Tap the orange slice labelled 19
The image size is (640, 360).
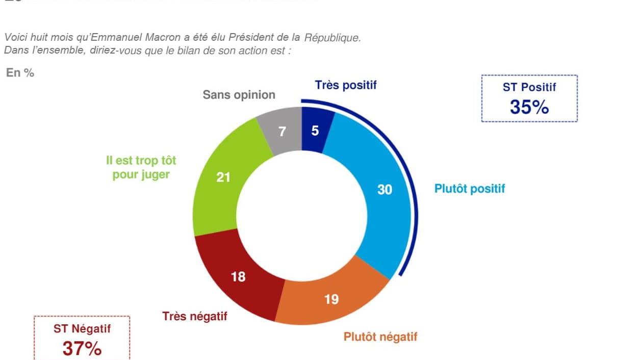tap(331, 299)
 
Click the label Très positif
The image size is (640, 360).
tap(346, 85)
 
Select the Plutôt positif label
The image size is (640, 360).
tap(470, 189)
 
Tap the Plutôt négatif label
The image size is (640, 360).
tap(380, 337)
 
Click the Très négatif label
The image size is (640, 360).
tap(195, 316)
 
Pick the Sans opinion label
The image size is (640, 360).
tap(239, 95)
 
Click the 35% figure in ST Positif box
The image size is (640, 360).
tap(529, 107)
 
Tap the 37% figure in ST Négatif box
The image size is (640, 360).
tap(82, 349)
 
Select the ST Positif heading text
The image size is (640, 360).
tap(529, 87)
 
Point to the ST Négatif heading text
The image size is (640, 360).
tap(82, 329)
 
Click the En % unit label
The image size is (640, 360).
tap(20, 73)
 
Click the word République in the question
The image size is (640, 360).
tap(332, 38)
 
